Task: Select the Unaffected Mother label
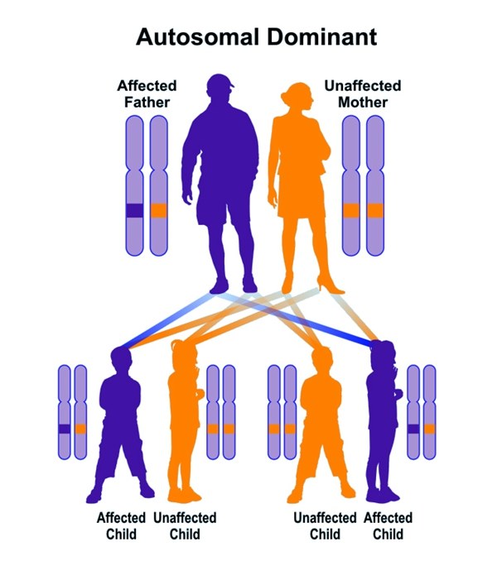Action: click(x=362, y=94)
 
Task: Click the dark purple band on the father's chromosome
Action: click(x=134, y=210)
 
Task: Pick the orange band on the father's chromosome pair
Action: click(x=157, y=210)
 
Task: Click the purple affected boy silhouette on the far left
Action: click(x=121, y=422)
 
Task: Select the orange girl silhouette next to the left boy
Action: click(x=184, y=422)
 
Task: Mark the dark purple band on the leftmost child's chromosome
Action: click(x=65, y=429)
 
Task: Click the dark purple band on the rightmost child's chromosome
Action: click(x=413, y=429)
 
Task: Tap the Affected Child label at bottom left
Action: click(x=121, y=525)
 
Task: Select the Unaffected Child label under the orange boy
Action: click(x=325, y=525)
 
